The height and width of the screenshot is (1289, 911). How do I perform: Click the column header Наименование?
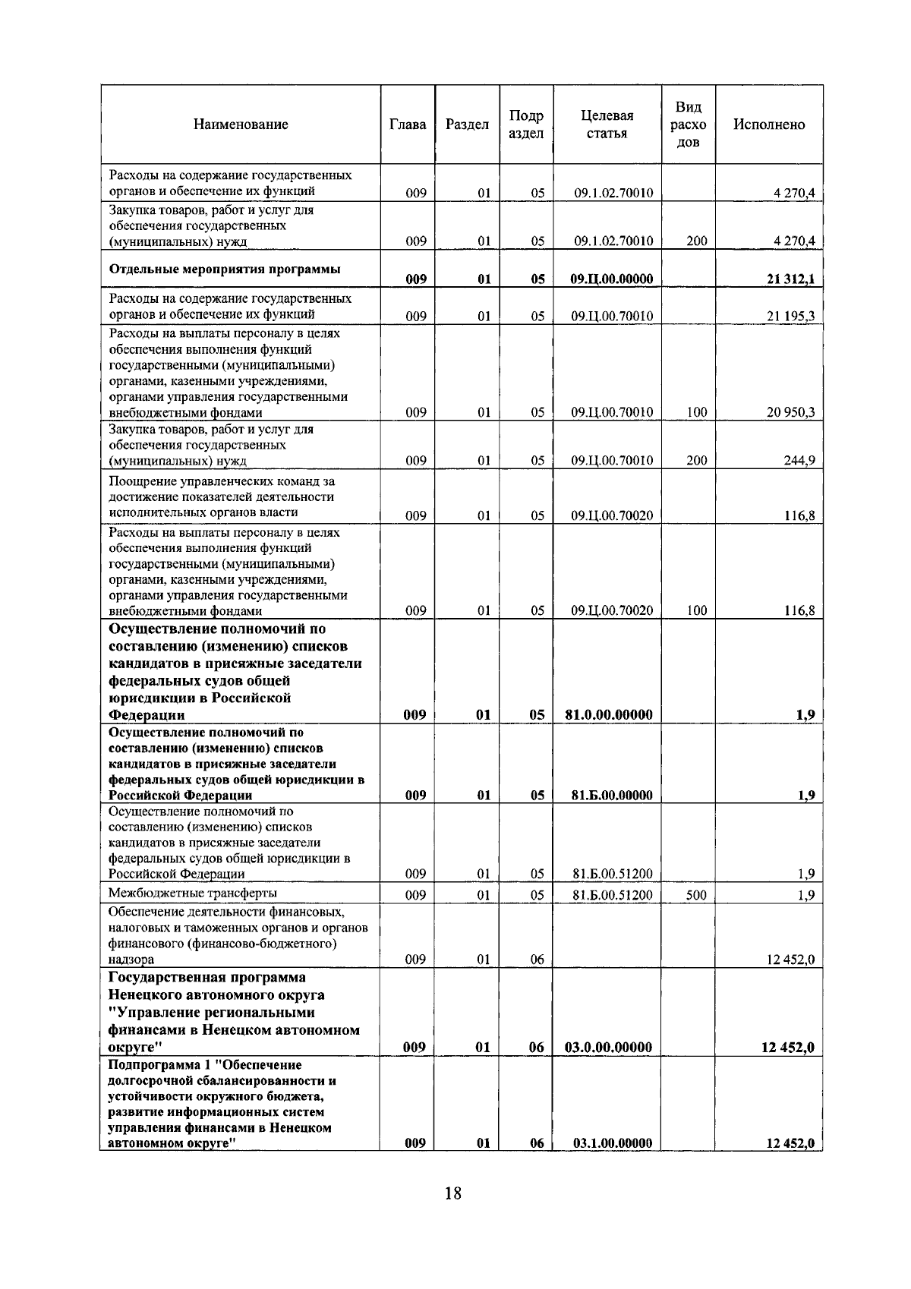coord(241,124)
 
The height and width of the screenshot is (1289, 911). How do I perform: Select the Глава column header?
coord(407,124)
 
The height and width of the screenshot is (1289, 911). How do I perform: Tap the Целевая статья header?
coord(607,124)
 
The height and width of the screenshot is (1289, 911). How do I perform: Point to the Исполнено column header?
coord(768,124)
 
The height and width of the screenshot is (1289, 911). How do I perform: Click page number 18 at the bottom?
coord(452,1193)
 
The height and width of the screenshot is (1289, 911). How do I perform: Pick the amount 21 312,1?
coord(790,279)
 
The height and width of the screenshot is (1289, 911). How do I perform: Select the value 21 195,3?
coord(790,317)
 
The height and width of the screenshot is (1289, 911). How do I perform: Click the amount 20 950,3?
coord(790,413)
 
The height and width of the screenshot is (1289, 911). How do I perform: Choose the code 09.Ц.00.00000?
coord(612,279)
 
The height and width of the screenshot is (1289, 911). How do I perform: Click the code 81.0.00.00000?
coord(609,714)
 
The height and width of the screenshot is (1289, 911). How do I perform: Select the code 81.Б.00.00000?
coord(612,796)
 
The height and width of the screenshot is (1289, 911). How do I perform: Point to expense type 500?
coord(696,896)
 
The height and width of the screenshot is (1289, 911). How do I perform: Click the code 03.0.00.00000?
coord(609,1048)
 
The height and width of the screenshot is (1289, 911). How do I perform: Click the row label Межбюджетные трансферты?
coord(193,893)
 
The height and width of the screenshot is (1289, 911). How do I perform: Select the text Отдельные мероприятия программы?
coord(225,269)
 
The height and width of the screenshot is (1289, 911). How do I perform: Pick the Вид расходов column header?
coord(688,124)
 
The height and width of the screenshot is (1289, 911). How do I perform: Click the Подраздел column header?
coord(526,124)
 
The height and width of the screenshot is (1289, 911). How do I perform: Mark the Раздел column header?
coord(467,124)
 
